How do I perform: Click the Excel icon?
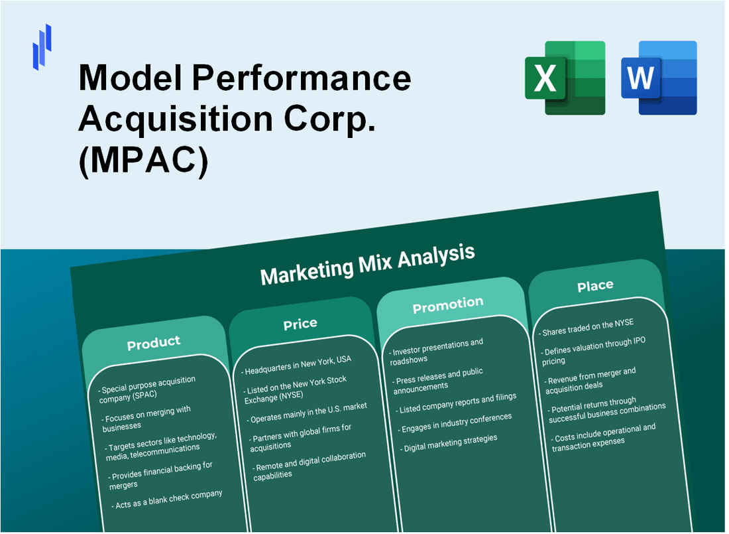tap(565, 78)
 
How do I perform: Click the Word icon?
tap(659, 78)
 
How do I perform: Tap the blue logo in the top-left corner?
tap(42, 46)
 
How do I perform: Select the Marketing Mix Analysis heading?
tap(367, 263)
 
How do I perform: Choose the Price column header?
tap(300, 324)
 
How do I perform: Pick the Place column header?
tap(594, 286)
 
